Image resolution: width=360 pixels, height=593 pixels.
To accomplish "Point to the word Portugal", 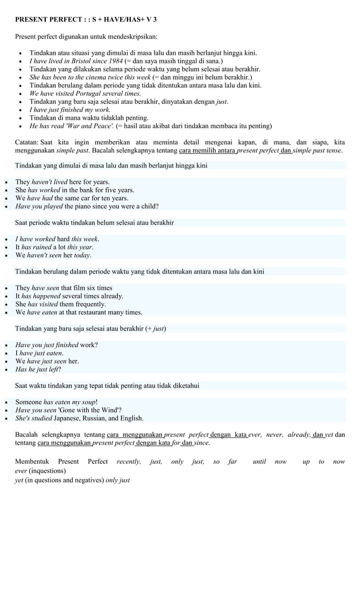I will [88, 94].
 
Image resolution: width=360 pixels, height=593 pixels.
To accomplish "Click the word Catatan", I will [26, 143].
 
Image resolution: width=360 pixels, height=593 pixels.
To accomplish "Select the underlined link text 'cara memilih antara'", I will [208, 151].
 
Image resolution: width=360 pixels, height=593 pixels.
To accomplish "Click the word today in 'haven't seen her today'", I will [82, 255].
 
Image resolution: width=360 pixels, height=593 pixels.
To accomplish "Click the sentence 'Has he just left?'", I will [38, 370].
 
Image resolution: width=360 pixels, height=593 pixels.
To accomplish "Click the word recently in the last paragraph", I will [129, 462].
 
